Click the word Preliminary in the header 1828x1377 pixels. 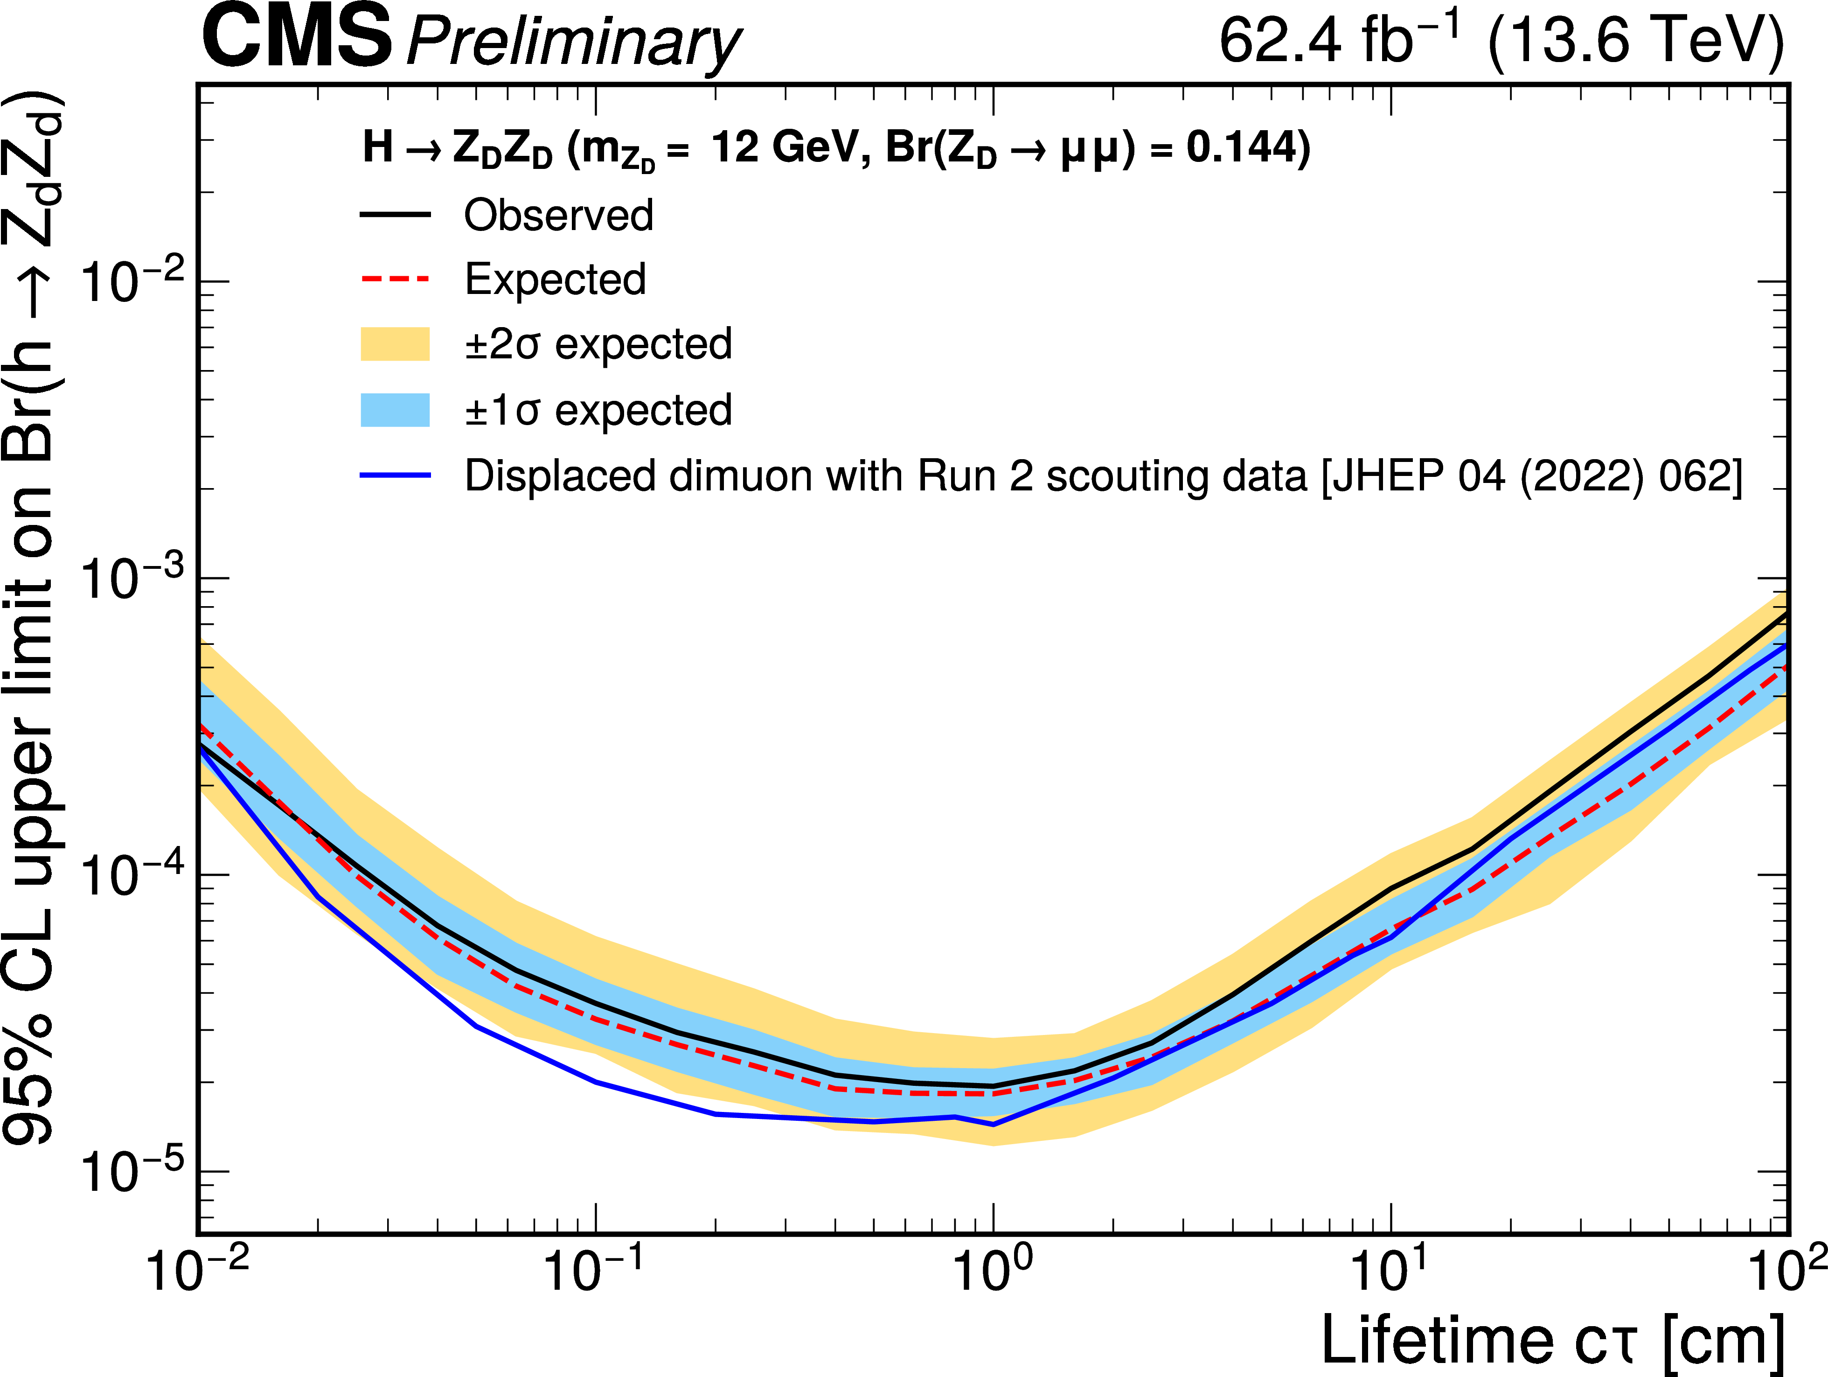tap(574, 43)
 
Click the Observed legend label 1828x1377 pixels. tap(558, 215)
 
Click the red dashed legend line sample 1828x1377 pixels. tap(395, 280)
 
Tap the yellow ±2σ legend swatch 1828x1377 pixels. tap(395, 344)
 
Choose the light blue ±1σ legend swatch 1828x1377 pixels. tap(395, 410)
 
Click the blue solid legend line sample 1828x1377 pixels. tap(395, 475)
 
